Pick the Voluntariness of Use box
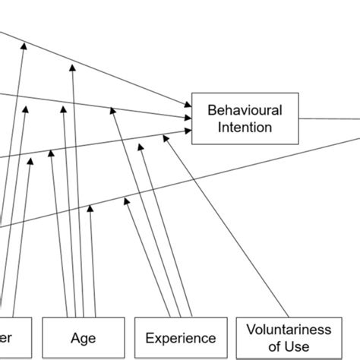(289, 337)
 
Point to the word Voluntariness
(289, 330)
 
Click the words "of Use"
(289, 346)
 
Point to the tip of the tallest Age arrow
(74, 68)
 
